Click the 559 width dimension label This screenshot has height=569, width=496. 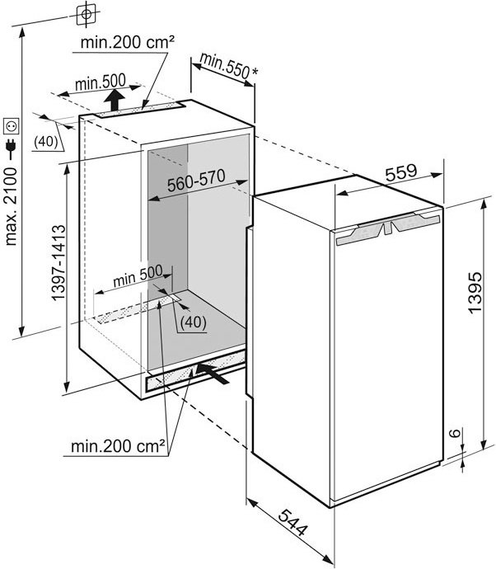coord(401,172)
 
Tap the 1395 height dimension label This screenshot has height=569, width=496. coord(475,291)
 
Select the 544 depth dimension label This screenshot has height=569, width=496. coord(293,523)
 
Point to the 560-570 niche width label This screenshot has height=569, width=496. coord(196,181)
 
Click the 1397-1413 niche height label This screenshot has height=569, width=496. coord(58,263)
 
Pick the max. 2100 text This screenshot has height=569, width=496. coord(10,207)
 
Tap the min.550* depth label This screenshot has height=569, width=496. coord(229,66)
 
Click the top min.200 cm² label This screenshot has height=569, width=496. coord(127,42)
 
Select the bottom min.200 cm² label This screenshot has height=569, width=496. coord(118,446)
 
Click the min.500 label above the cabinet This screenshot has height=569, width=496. coord(101,82)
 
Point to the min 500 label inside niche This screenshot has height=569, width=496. coord(138,276)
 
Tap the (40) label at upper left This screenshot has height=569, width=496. coord(45,142)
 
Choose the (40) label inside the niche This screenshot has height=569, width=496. coord(194,322)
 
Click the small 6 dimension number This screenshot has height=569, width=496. coord(456,433)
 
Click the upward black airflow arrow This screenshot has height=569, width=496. coord(115,100)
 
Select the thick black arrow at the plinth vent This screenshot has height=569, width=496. coord(213,373)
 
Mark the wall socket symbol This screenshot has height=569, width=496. coord(11,127)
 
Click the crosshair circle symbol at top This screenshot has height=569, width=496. coord(87,14)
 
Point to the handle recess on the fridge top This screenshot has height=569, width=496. coord(388,228)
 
